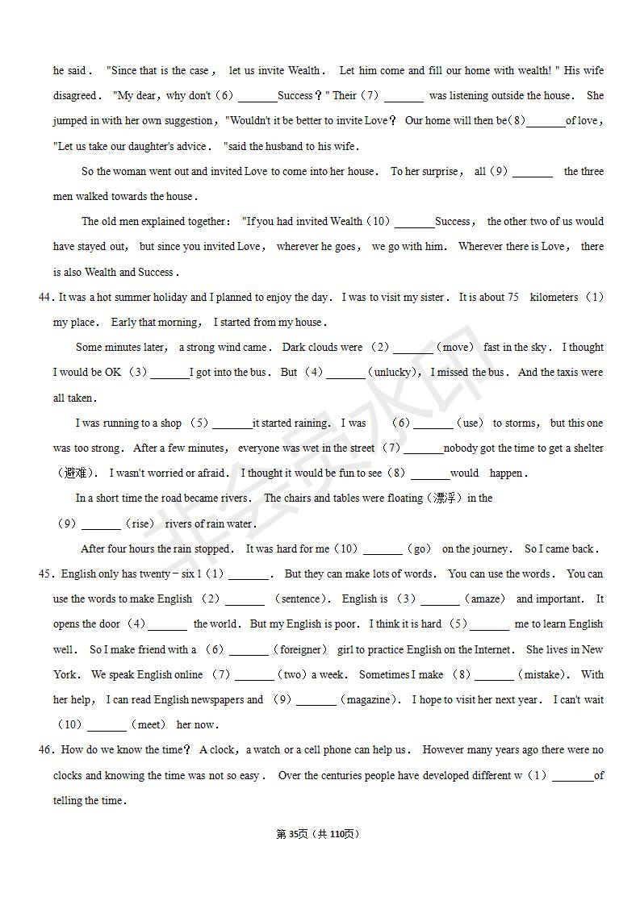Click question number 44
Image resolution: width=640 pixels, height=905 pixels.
45,297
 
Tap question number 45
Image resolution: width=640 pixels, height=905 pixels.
45,574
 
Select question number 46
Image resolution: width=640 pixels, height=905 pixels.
45,750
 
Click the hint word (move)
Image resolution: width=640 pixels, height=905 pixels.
457,348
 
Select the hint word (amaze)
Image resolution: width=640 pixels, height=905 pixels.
487,599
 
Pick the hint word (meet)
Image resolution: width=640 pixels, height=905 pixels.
147,725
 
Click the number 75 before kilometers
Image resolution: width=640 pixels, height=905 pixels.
512,297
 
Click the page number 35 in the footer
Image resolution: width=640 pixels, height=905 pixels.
293,834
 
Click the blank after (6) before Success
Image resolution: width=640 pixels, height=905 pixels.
257,96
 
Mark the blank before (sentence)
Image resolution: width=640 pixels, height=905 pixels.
245,599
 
